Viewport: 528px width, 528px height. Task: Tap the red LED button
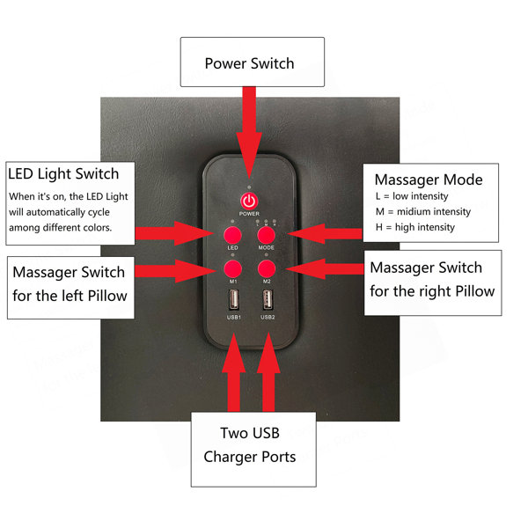(232, 235)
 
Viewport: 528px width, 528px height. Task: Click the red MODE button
(267, 235)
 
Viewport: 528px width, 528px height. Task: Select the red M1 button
(232, 269)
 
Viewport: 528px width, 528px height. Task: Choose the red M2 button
(267, 269)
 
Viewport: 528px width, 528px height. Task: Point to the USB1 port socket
(234, 299)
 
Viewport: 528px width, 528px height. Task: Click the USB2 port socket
(268, 299)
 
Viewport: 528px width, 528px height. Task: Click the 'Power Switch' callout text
(250, 63)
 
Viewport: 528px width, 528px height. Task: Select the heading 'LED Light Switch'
(63, 174)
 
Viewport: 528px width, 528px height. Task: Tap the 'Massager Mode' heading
(429, 180)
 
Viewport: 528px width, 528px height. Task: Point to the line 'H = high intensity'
(415, 227)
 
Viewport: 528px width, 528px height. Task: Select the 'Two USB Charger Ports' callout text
(250, 445)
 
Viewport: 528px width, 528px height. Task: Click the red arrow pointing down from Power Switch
(249, 132)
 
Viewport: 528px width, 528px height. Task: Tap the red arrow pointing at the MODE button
(326, 234)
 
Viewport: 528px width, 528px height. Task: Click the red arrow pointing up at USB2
(268, 372)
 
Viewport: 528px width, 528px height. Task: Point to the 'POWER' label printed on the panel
(249, 214)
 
